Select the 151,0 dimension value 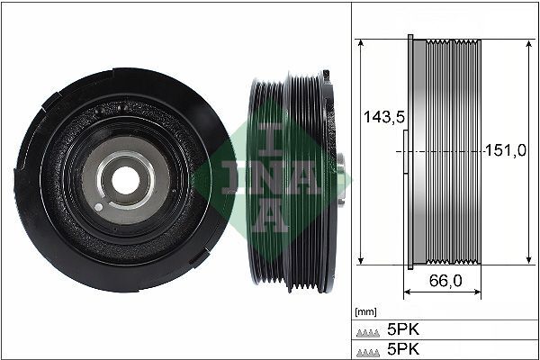506,150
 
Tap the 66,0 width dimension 445,281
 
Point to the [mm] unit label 365,311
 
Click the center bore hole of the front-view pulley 120,178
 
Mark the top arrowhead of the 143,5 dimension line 360,43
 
